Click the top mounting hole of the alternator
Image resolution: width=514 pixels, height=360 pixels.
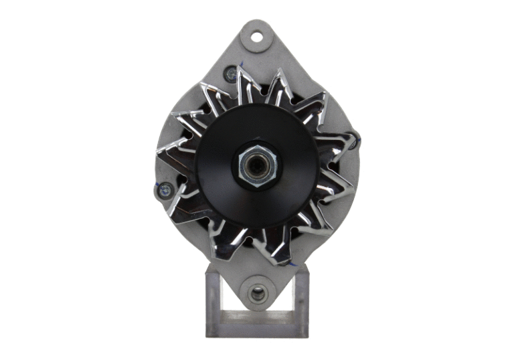(x=257, y=35)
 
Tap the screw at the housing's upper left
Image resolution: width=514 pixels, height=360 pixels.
(x=231, y=75)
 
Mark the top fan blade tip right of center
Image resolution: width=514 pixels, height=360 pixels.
(x=282, y=74)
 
